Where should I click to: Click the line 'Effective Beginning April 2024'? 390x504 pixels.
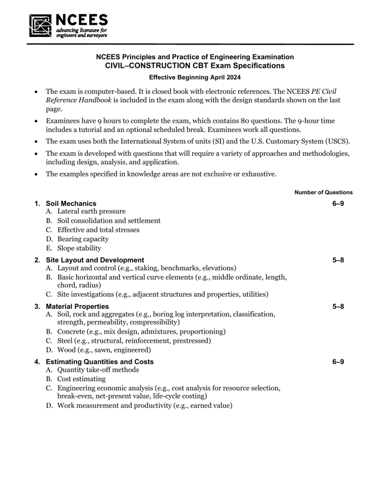(x=195, y=78)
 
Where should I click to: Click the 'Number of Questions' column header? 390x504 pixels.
(x=323, y=193)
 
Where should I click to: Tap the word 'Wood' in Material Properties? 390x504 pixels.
(x=67, y=350)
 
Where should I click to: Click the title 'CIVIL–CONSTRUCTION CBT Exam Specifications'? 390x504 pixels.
(x=194, y=65)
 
